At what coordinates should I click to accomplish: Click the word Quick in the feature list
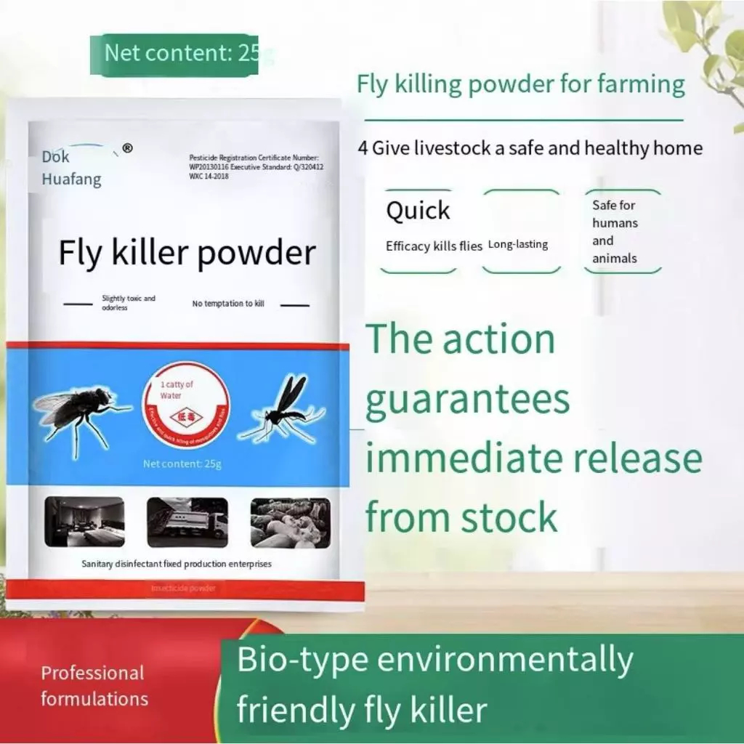418,211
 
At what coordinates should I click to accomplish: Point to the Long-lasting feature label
518,244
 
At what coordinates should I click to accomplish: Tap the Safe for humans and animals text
615,232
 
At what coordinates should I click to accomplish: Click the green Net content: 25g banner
174,54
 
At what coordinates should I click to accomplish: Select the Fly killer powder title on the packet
187,253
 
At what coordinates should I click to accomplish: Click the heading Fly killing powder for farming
520,85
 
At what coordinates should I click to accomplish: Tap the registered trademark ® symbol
128,148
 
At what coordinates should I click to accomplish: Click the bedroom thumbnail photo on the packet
84,522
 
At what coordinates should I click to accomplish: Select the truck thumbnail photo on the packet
187,522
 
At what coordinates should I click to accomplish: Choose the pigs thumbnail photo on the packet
291,522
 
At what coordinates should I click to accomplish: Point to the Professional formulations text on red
94,686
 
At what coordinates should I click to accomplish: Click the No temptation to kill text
228,304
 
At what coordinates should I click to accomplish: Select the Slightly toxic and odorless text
129,303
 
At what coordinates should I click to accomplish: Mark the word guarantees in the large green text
467,400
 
